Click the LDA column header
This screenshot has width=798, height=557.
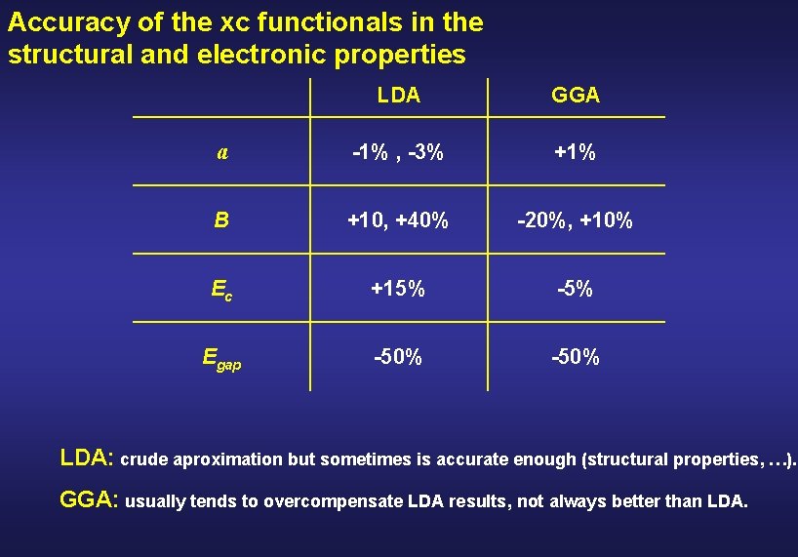pos(398,96)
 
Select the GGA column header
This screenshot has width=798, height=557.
pos(576,96)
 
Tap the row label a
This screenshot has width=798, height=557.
pos(222,152)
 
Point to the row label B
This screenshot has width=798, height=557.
pos(221,220)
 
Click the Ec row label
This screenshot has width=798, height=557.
pos(221,290)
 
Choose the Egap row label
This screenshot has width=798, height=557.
pos(221,358)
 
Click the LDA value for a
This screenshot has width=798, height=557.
pos(398,153)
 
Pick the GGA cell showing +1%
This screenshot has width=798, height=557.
pos(576,153)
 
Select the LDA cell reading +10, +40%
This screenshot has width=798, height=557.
pos(398,221)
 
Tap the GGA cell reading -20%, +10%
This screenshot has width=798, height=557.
pos(576,221)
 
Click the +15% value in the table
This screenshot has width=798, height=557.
pos(398,290)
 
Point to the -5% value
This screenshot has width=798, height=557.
pos(576,290)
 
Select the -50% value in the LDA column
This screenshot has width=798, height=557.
pos(398,358)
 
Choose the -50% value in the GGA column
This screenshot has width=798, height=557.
pos(576,358)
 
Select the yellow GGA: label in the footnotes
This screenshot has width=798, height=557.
pos(91,500)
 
